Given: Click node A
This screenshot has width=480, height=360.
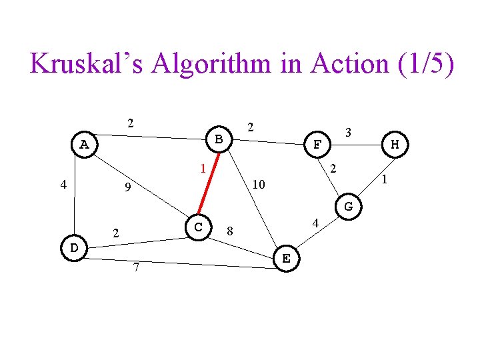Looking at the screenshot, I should [84, 144].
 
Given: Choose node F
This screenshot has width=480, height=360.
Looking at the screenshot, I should [317, 143].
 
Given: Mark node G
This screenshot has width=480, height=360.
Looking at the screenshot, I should [349, 207].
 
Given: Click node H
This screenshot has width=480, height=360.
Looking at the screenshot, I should [395, 144].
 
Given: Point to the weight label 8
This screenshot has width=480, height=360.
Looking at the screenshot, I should [229, 231].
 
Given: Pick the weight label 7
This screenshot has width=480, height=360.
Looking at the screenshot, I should [136, 268].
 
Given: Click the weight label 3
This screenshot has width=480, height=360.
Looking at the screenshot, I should [349, 133].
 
